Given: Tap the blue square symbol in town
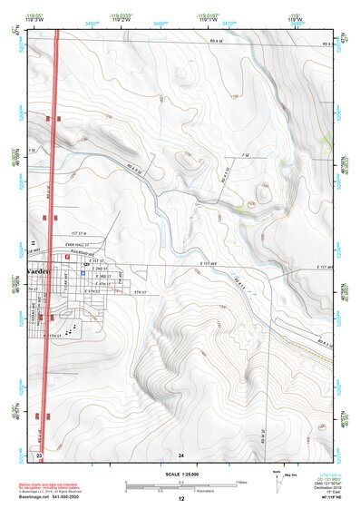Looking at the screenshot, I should coord(83,271).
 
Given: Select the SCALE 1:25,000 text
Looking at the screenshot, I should coord(180,474).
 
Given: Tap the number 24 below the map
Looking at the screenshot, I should coord(181,454).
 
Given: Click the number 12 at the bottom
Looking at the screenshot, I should coord(181,499).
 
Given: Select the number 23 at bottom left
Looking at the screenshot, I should coord(39,454).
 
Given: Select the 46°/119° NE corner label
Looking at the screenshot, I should coord(324,499).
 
